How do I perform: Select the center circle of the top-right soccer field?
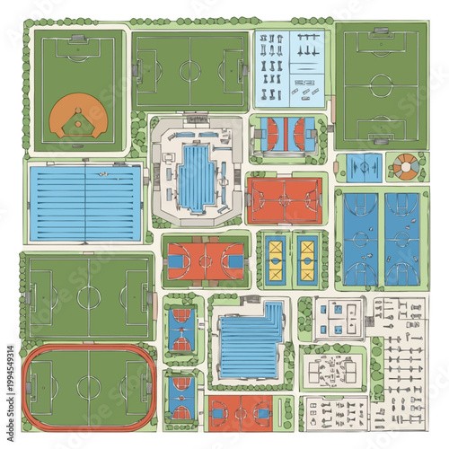381,86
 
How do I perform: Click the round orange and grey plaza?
407,165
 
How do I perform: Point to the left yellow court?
275,259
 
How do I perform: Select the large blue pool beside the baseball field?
85,202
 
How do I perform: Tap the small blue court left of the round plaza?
364,166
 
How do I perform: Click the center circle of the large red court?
285,198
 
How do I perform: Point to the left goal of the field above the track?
31,297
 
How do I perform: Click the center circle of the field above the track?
88,297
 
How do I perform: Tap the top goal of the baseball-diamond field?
78,39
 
